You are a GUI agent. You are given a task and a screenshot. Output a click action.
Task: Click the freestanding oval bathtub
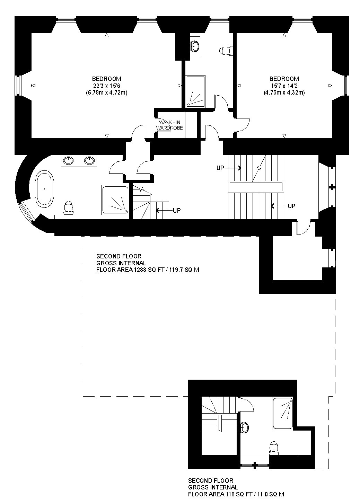(45, 189)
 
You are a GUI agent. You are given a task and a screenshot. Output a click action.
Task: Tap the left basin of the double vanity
(68, 160)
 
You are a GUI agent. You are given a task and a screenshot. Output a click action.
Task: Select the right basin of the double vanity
(89, 160)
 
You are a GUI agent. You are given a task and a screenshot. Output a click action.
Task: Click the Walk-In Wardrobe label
(169, 125)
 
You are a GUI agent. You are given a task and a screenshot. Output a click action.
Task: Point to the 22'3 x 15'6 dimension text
(107, 86)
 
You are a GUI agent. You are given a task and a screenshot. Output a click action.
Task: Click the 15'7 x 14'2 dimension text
(284, 86)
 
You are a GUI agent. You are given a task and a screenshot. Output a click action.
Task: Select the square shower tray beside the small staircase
(115, 200)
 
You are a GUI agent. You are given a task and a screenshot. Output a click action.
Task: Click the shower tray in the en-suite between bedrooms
(195, 91)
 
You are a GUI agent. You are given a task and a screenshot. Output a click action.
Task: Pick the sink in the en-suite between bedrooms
(195, 46)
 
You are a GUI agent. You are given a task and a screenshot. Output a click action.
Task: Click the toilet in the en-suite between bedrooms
(226, 51)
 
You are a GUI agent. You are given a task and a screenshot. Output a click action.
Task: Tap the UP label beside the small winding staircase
(177, 210)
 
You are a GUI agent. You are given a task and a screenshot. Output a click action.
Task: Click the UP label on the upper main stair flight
(220, 168)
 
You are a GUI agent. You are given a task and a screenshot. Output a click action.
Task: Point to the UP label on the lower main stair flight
(292, 206)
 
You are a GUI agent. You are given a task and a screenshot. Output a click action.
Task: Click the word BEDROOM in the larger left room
(107, 79)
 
